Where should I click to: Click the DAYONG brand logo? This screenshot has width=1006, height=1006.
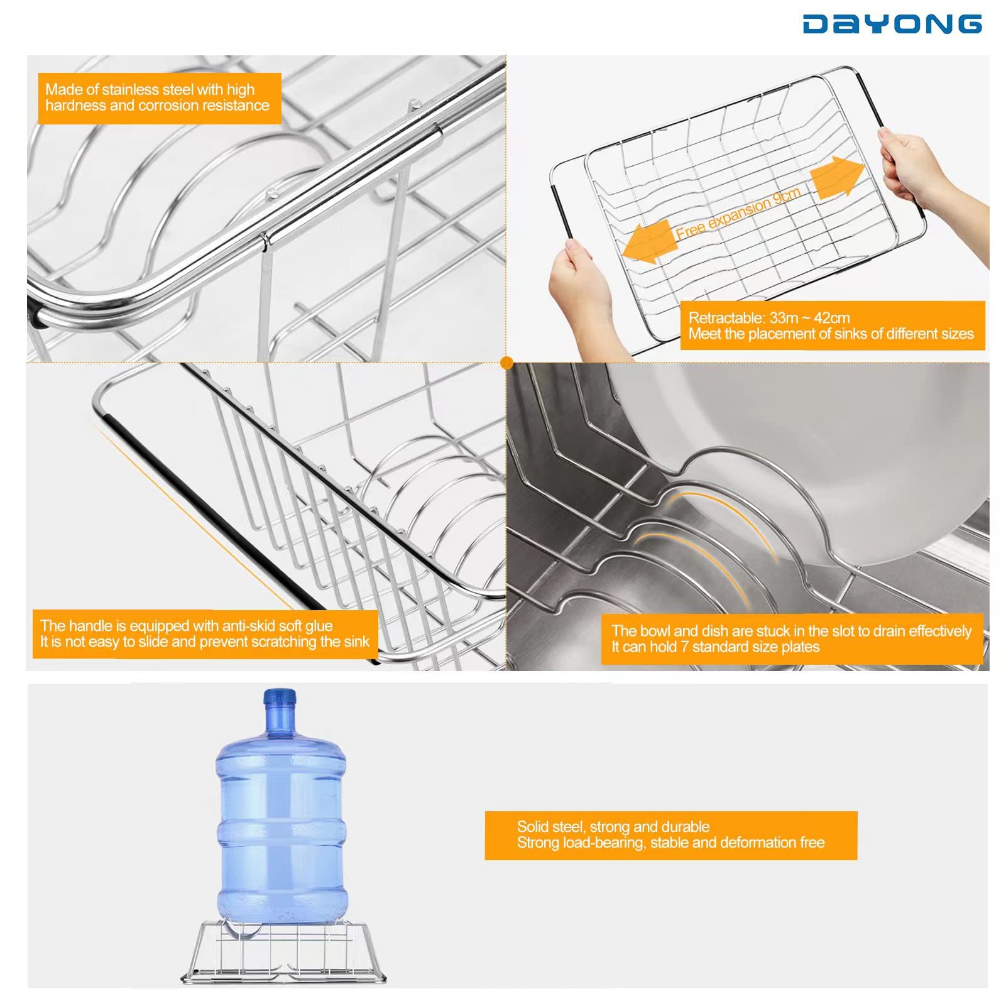pos(892,24)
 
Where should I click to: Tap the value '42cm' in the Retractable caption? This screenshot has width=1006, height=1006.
pos(831,318)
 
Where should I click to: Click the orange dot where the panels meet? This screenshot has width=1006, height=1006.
pos(507,363)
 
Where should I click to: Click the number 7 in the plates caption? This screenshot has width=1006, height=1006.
pos(684,647)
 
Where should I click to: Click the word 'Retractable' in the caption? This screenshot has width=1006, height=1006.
pos(726,318)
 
